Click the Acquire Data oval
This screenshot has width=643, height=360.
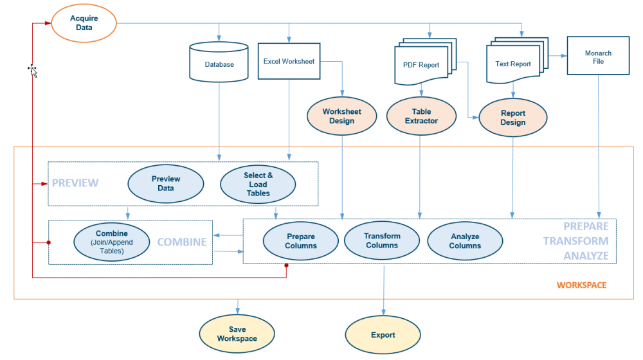[x=84, y=23]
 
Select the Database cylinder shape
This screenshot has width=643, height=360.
[x=219, y=64]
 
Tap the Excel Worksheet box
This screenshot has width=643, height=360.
[x=289, y=62]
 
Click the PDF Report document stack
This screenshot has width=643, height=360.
[x=421, y=64]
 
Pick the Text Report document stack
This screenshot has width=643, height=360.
[x=513, y=64]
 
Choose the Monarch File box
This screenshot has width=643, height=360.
[x=598, y=57]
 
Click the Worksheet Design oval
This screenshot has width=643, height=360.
[x=341, y=116]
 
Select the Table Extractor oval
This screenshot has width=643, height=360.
[x=421, y=116]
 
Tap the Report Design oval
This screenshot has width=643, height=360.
[x=512, y=118]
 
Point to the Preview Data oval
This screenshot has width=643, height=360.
[x=166, y=183]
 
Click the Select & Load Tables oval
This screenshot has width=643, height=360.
[x=258, y=184]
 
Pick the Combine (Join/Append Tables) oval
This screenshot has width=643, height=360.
[x=112, y=242]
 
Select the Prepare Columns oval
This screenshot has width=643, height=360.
[x=301, y=241]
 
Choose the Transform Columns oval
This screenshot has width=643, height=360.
[x=382, y=240]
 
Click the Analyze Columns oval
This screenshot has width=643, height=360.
[x=465, y=241]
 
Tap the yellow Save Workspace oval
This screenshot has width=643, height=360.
[x=237, y=334]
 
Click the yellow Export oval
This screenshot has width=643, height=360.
[x=383, y=335]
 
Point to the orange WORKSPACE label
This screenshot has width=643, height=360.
[x=581, y=285]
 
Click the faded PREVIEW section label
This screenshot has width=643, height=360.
[x=75, y=183]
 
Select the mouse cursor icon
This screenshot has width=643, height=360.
[x=32, y=70]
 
